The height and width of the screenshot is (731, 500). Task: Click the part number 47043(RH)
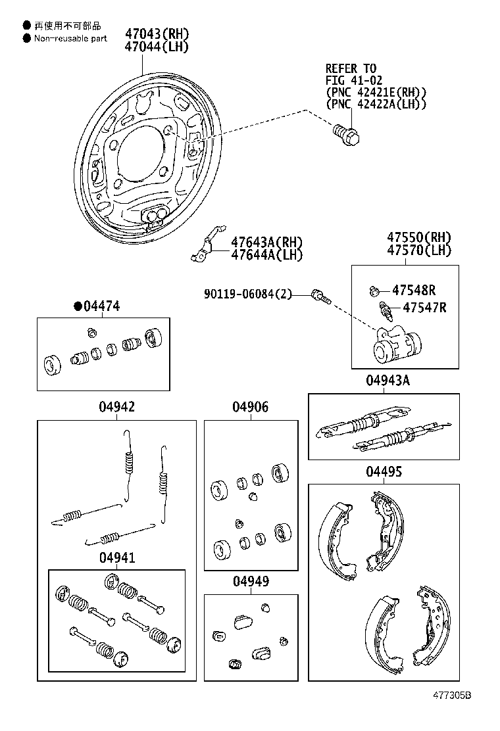coord(157,34)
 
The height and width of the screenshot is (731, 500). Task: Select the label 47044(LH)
coord(157,47)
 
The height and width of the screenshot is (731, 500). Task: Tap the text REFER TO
coord(351,68)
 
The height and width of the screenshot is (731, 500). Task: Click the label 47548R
coord(414,290)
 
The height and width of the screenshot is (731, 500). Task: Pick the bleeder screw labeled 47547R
coord(384,308)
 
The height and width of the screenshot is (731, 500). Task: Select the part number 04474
coord(101,306)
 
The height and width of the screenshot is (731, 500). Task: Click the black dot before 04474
coord(78,306)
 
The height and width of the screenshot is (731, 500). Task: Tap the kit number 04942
coord(117,408)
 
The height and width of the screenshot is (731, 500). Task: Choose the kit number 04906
coord(250,408)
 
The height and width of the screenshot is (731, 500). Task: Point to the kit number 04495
coord(384,472)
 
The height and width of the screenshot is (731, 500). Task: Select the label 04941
coord(117,557)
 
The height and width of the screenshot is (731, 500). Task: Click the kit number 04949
coord(250,582)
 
